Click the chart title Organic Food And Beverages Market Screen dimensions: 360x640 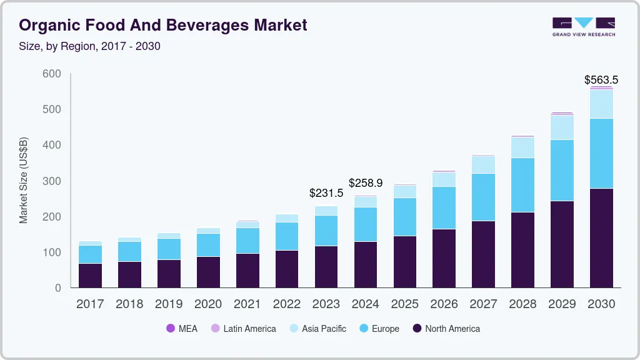[164, 25]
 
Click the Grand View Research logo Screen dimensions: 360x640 [583, 27]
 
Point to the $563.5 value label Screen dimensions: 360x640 [601, 79]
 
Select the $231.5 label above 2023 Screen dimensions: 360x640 [326, 193]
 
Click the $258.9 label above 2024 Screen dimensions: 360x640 [365, 183]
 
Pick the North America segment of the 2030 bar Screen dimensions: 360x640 [601, 237]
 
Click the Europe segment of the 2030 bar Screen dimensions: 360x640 [601, 153]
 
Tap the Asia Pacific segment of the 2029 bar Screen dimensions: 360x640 [562, 127]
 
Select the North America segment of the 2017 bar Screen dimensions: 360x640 [90, 275]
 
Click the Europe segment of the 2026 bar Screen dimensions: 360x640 [444, 207]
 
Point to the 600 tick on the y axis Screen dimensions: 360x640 [52, 74]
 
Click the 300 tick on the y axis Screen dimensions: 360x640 [52, 181]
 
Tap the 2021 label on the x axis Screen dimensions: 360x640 [247, 304]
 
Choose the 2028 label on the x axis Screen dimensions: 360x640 [522, 304]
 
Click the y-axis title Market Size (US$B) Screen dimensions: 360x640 [24, 180]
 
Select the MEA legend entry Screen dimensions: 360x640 [182, 328]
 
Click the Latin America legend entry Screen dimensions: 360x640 [243, 328]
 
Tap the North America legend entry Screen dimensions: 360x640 [446, 328]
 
